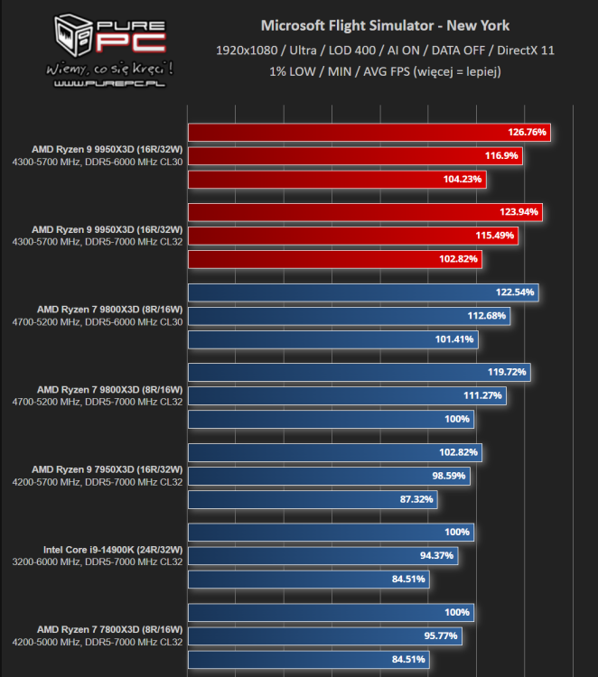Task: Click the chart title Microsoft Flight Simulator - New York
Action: [385, 25]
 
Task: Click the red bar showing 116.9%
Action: [355, 156]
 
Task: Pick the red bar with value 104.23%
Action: [337, 180]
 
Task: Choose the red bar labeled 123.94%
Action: [365, 212]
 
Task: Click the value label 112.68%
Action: [488, 316]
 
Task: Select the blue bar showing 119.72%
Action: [359, 372]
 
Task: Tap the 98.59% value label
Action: [449, 476]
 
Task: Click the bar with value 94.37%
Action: [322, 556]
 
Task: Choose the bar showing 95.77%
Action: [324, 635]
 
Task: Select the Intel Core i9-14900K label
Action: [113, 549]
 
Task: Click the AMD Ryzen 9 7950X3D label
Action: [107, 469]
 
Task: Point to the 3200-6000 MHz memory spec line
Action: [97, 562]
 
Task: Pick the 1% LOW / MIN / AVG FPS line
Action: [385, 70]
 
